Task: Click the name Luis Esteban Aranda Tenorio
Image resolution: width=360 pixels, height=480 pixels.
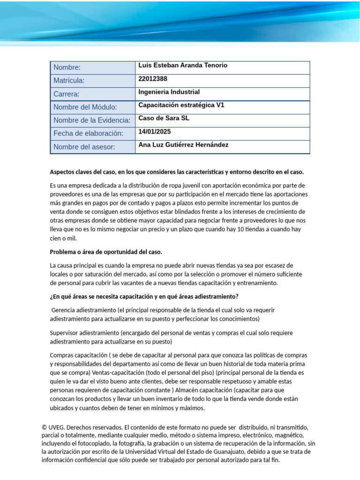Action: coord(183,66)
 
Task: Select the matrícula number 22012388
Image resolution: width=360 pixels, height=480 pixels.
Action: coord(153,79)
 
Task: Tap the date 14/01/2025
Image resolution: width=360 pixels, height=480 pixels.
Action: coord(155,132)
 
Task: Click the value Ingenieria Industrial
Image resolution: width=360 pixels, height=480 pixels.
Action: coord(169,92)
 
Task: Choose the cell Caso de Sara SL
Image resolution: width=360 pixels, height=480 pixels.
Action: coord(164,119)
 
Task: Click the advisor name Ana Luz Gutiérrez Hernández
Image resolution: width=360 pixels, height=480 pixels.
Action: coord(183,145)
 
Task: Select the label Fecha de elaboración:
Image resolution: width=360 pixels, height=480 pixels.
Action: coord(88,134)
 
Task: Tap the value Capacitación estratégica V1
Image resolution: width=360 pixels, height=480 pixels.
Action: coord(181,105)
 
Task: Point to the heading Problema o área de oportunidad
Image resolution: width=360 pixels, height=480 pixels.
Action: coord(106,252)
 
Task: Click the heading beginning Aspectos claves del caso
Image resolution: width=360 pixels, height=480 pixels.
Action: coord(177,172)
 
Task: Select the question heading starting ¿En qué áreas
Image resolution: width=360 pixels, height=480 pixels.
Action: coord(144,296)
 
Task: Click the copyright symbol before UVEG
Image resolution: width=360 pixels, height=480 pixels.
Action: coord(44,427)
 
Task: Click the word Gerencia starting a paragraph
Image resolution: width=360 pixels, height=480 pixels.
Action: coord(66,310)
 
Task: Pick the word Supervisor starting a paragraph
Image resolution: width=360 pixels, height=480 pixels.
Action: coord(65,333)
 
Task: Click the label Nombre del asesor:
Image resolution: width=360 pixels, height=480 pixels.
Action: coord(84,147)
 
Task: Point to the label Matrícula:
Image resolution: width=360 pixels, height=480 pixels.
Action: coord(69,81)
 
